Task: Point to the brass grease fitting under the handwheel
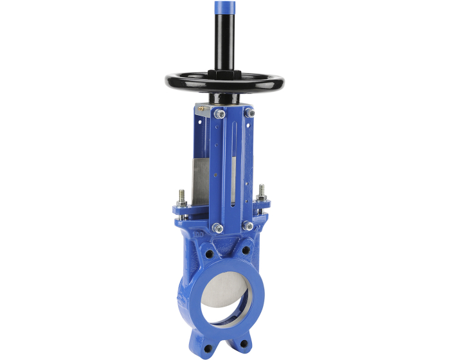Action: tap(201, 110)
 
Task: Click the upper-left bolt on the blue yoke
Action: tap(220, 115)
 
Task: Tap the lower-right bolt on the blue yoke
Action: tap(248, 226)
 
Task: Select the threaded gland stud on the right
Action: tap(262, 193)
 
